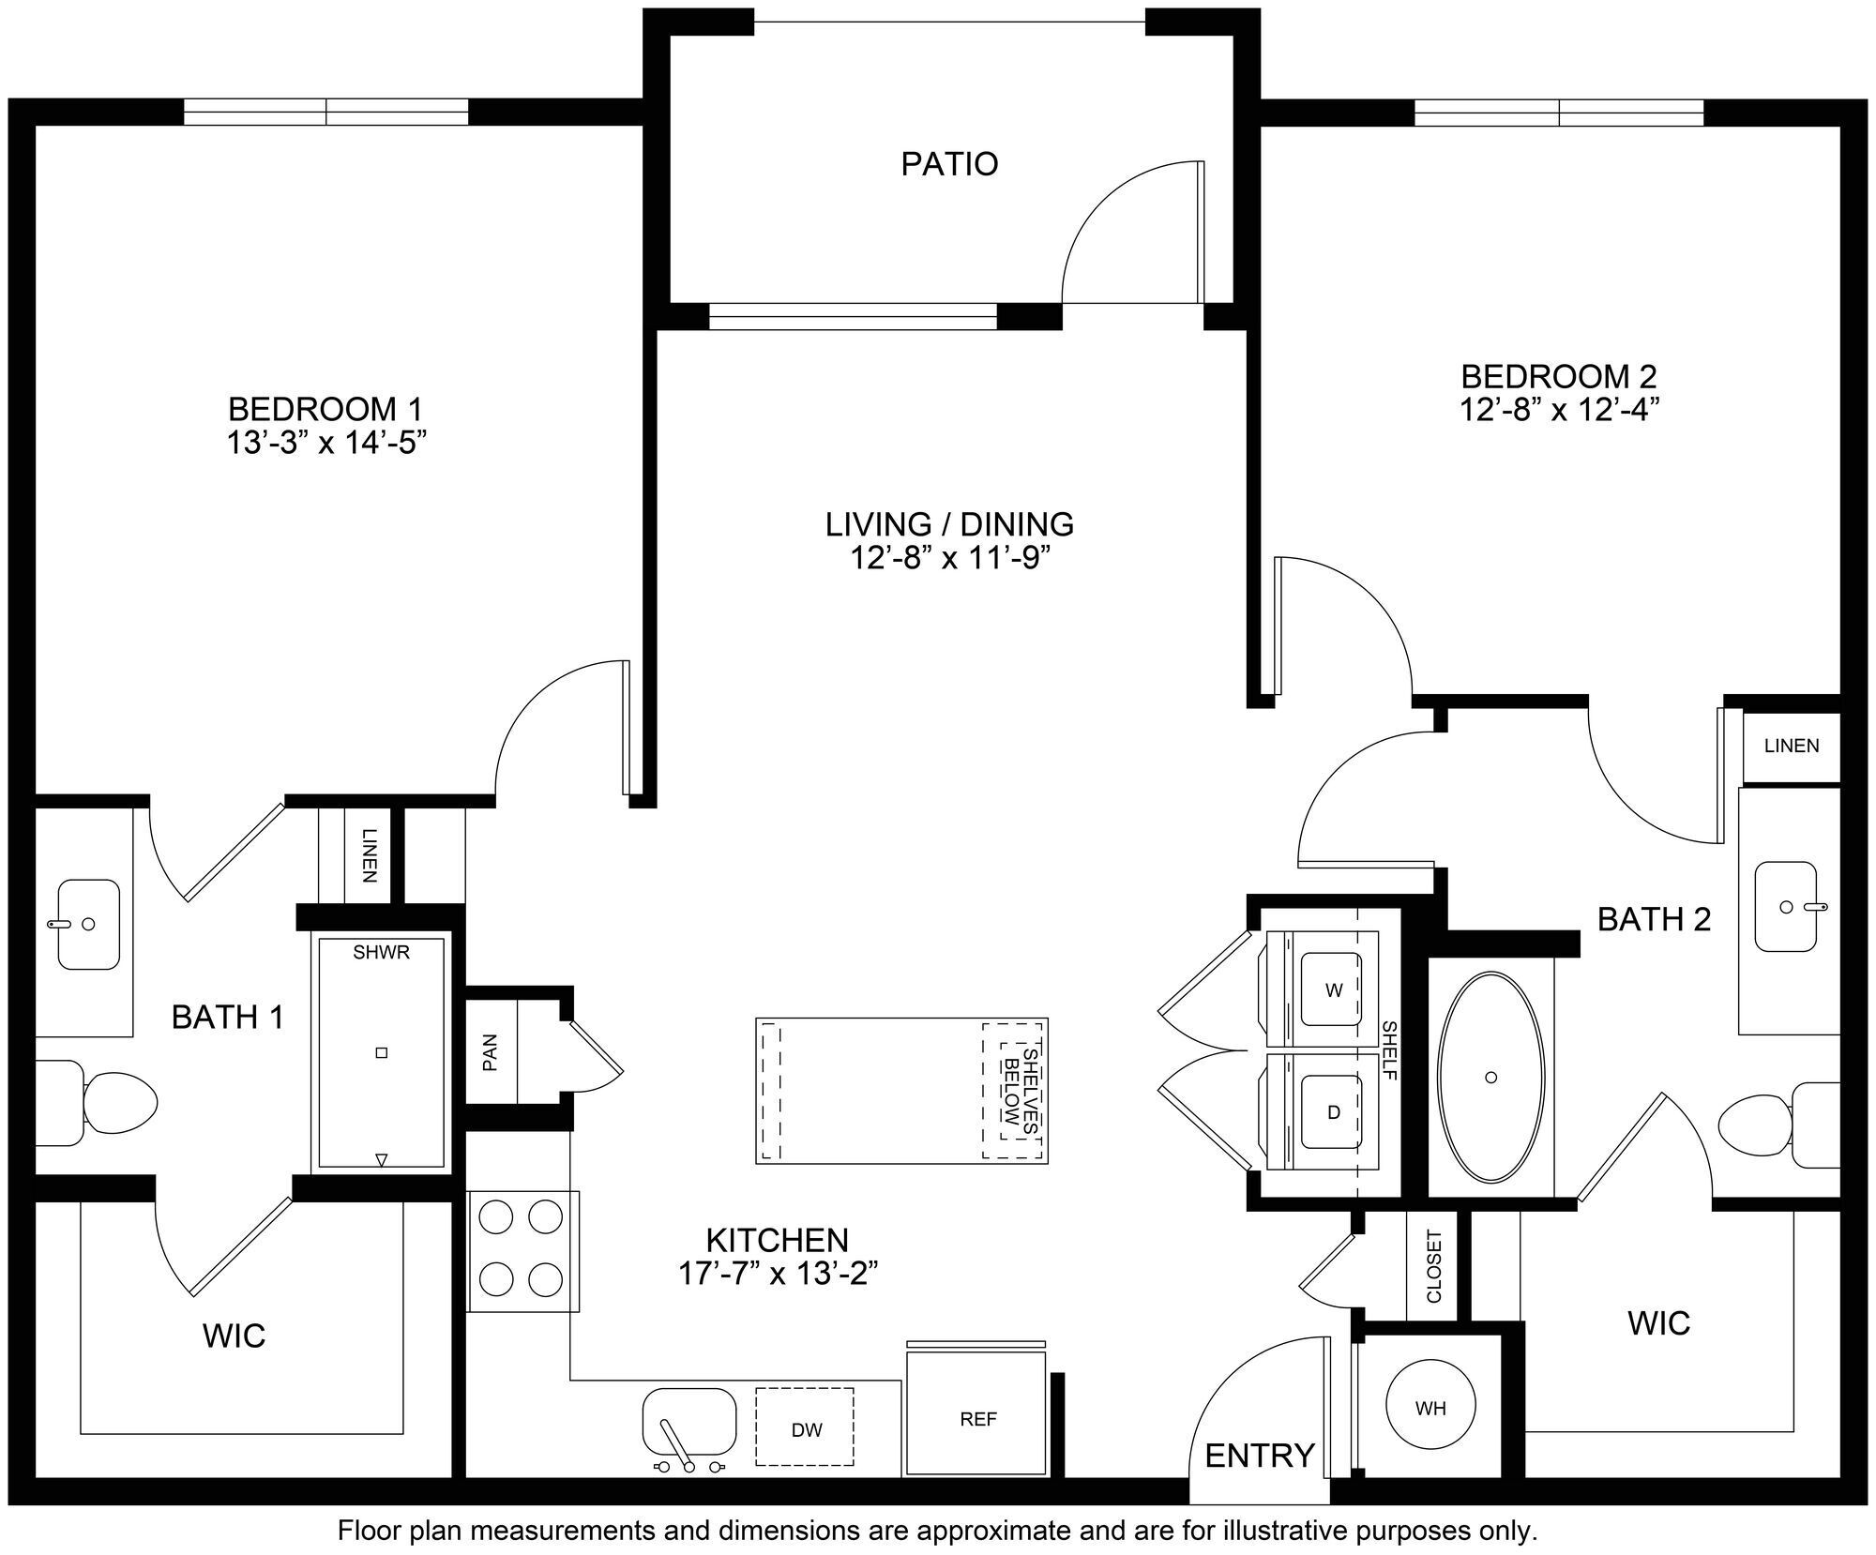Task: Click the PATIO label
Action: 949,164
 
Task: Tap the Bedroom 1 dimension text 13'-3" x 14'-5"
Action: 326,443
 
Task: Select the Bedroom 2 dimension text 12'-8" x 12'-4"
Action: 1559,411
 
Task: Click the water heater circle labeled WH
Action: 1430,1408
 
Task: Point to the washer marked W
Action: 1333,989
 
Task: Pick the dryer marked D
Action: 1333,1112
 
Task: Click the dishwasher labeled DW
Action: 806,1430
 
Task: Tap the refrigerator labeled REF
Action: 977,1419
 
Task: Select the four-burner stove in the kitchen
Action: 522,1250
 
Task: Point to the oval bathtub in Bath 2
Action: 1490,1078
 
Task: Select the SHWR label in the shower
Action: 382,953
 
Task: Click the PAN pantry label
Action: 490,1051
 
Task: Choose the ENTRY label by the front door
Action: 1259,1455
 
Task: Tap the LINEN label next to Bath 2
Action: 1791,746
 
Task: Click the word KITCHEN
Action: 777,1240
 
